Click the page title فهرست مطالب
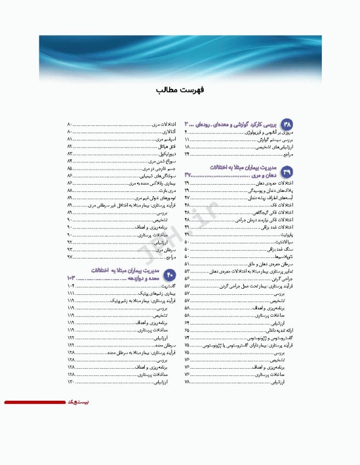pos(180,90)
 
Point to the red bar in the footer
pos(34,402)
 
